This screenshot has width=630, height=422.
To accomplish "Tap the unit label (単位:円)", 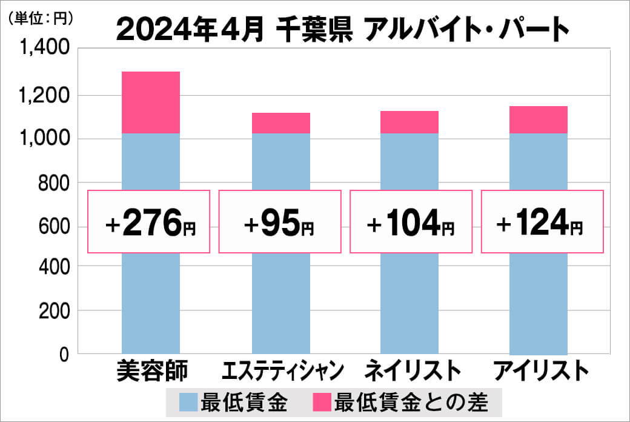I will (x=39, y=19).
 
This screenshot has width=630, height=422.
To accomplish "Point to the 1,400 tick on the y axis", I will (x=45, y=50).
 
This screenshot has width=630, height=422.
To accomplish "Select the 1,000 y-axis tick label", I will (x=45, y=139).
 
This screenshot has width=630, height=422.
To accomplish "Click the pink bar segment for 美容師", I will (x=151, y=102).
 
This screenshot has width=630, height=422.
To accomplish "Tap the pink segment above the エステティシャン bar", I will (x=280, y=123).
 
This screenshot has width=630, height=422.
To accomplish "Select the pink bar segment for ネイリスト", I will (x=409, y=122).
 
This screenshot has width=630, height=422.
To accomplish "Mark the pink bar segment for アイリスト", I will (x=539, y=119).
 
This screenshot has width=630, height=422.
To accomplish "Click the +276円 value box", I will (x=149, y=222).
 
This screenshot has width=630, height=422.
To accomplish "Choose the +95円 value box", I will (x=279, y=222).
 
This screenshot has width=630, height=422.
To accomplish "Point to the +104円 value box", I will (x=410, y=222).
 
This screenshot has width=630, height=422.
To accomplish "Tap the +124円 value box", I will (x=542, y=222).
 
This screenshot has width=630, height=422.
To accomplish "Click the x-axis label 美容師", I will (x=151, y=371).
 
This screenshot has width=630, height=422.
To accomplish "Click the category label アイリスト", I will (x=541, y=371).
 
